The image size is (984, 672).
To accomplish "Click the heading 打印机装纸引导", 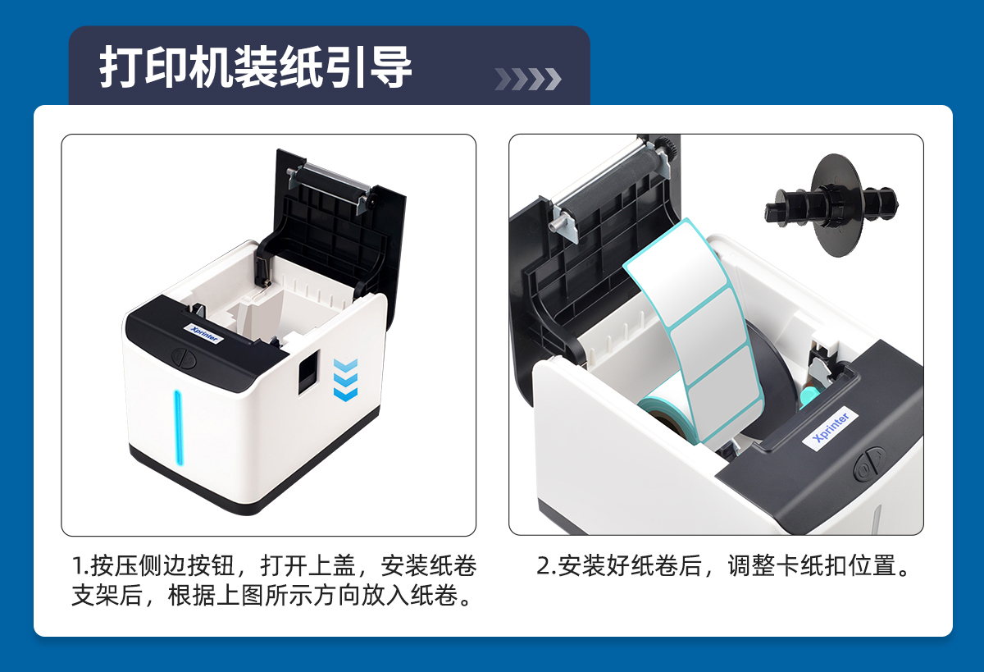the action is (x=255, y=67).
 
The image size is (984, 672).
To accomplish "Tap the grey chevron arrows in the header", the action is (x=528, y=79).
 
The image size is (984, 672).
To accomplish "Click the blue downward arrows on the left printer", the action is (x=345, y=380).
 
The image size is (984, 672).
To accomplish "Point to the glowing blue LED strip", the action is (x=177, y=427).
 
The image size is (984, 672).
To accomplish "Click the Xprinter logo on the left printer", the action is (x=204, y=333).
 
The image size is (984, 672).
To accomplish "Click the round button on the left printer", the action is (x=184, y=358).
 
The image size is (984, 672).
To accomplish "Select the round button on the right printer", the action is (x=869, y=464).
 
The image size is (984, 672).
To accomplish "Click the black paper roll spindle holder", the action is (x=832, y=205).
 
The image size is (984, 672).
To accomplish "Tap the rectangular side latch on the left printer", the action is (x=308, y=373).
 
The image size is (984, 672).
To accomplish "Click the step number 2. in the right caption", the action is (x=546, y=565).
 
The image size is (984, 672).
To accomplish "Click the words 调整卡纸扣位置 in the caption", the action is (x=812, y=565).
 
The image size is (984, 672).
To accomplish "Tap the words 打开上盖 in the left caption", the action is (x=308, y=565).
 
